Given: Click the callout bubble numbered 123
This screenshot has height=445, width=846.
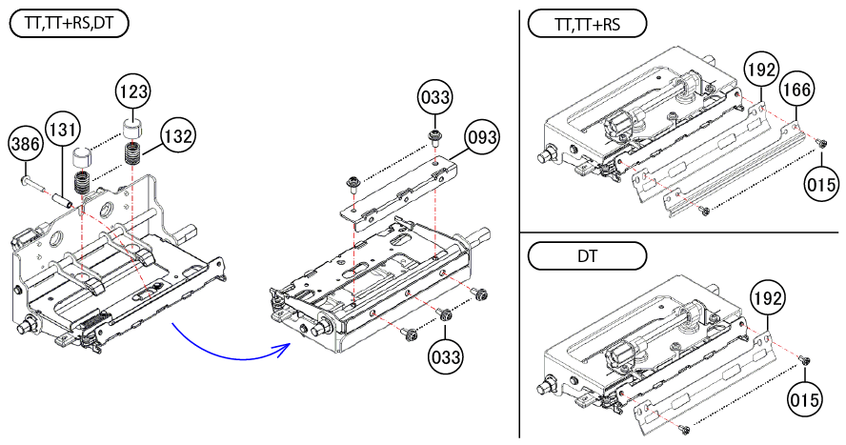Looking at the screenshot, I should tap(134, 92).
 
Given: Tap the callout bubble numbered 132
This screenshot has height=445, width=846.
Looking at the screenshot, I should tap(177, 135).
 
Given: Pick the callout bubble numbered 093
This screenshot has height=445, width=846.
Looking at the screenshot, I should tap(483, 139).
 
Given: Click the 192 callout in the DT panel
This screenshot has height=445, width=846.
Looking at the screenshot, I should tap(769, 298).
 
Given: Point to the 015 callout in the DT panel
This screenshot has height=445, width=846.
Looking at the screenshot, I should tap(804, 401).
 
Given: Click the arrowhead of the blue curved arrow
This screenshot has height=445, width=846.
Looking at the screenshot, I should tap(285, 347).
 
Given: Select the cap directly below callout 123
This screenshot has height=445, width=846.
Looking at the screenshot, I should tap(131, 129).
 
